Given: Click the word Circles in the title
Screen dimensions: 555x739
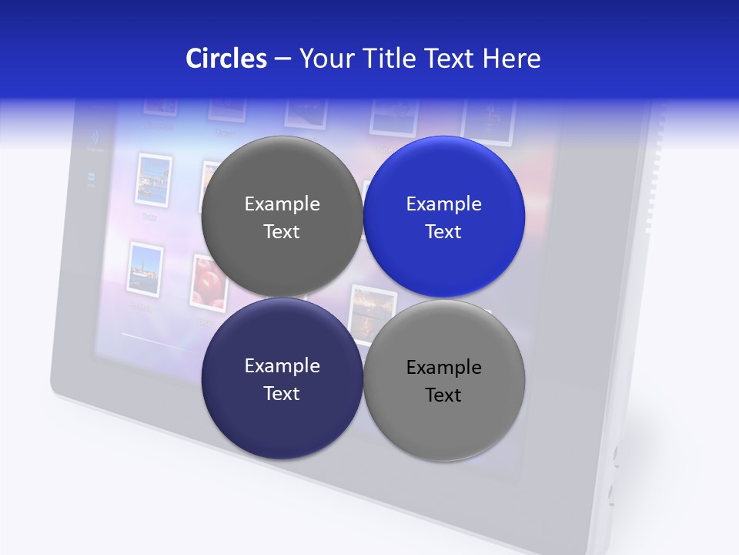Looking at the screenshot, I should click(226, 59).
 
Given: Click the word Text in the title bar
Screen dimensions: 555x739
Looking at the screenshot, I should click(451, 59).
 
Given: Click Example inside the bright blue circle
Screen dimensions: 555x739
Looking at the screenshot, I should click(443, 204).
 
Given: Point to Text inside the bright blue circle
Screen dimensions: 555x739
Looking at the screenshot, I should click(443, 232).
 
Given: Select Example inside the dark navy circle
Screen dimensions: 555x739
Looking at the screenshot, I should click(282, 366).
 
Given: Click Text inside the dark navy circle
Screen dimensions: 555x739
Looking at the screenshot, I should click(282, 394).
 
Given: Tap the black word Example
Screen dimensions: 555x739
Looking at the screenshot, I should click(443, 368).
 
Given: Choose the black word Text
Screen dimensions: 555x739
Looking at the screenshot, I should click(443, 395).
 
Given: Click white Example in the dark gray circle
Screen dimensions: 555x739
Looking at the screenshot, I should click(282, 204).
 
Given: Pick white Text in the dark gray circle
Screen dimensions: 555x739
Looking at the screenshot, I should click(282, 232).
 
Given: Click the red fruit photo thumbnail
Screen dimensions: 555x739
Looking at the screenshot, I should click(206, 282).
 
